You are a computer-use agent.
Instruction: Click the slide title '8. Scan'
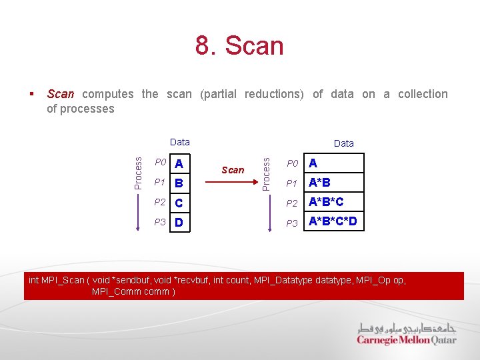(x=239, y=46)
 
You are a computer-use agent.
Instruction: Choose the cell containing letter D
(x=179, y=222)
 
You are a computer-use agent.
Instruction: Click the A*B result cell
(x=333, y=183)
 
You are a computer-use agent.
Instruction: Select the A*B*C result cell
(x=333, y=202)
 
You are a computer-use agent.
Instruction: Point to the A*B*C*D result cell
(x=333, y=221)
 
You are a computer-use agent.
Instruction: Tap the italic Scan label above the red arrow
(x=233, y=170)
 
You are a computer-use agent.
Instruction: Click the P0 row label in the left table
(x=160, y=163)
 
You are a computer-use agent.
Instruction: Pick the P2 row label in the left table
(x=160, y=202)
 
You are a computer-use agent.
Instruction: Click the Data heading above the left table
(x=179, y=142)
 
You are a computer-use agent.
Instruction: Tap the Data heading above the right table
(x=343, y=143)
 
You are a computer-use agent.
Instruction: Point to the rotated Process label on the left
(x=138, y=173)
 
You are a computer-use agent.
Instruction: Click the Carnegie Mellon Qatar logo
(x=406, y=334)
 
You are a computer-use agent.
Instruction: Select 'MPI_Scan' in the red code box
(x=63, y=280)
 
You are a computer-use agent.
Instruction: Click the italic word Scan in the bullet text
(x=61, y=94)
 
